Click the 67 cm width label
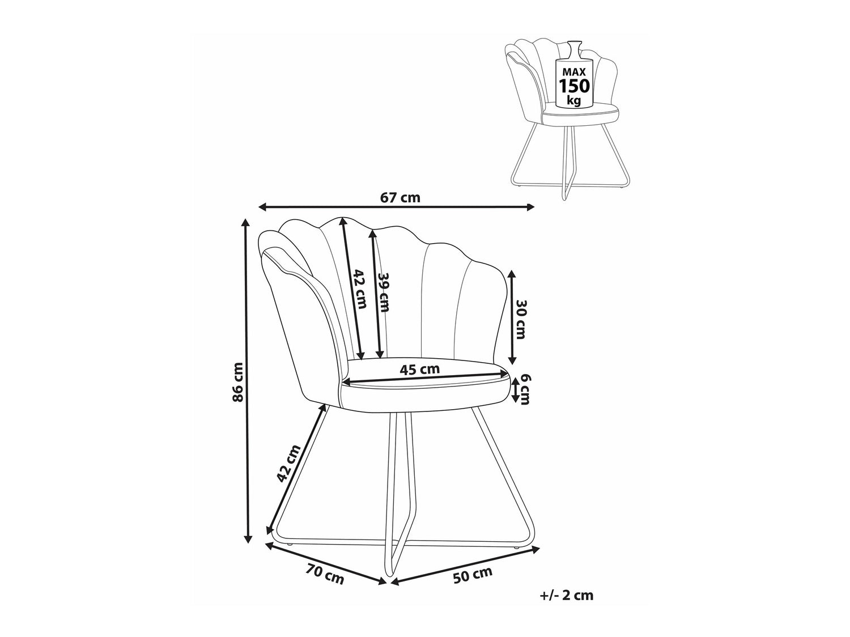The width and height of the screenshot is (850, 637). point(399,197)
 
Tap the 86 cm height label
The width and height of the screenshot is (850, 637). point(237,382)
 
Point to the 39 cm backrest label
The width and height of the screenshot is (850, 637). point(384,293)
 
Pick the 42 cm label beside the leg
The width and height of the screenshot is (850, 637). point(289,469)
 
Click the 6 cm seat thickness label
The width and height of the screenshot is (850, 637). point(524,389)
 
